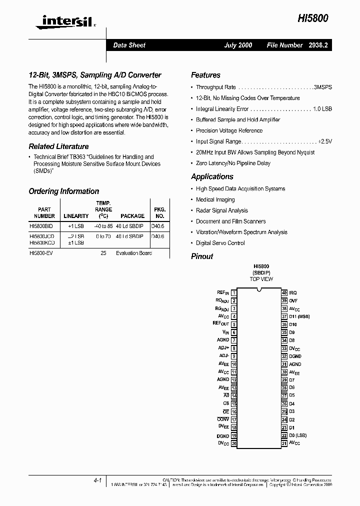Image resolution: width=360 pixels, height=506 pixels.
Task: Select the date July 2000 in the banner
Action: (238, 45)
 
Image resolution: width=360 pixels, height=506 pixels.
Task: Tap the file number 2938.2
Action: (317, 45)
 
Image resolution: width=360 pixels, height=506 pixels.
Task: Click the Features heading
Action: (205, 75)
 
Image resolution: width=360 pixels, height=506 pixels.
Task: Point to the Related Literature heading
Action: (58, 146)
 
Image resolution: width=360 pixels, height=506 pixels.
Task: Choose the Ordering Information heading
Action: (63, 191)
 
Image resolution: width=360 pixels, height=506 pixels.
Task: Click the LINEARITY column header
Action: (76, 216)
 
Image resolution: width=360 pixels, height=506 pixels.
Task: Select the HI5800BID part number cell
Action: (44, 225)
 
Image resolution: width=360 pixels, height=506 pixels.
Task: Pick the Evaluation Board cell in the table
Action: (133, 253)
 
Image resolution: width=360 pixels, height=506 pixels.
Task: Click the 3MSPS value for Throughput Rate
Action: (322, 87)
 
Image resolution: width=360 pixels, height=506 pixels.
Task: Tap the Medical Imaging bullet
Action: (215, 199)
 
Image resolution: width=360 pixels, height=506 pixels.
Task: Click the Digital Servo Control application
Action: (220, 243)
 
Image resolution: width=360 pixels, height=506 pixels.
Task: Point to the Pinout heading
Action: (202, 256)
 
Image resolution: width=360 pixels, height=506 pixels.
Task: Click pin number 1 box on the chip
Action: (234, 293)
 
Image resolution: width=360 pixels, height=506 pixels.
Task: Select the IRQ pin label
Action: (293, 293)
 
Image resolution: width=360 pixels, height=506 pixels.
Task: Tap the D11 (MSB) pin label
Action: (299, 316)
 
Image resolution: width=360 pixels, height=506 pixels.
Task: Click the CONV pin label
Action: (223, 420)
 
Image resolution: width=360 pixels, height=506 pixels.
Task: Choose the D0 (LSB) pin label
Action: (298, 435)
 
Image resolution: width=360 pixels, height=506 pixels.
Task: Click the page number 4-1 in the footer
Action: (97, 480)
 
